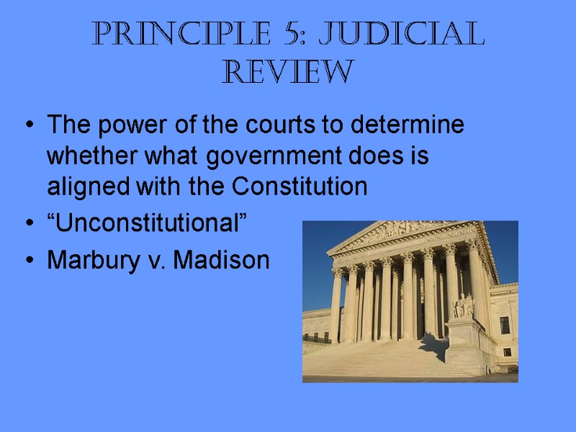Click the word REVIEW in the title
click(288, 72)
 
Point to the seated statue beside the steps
click(462, 305)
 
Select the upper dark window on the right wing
click(505, 325)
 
